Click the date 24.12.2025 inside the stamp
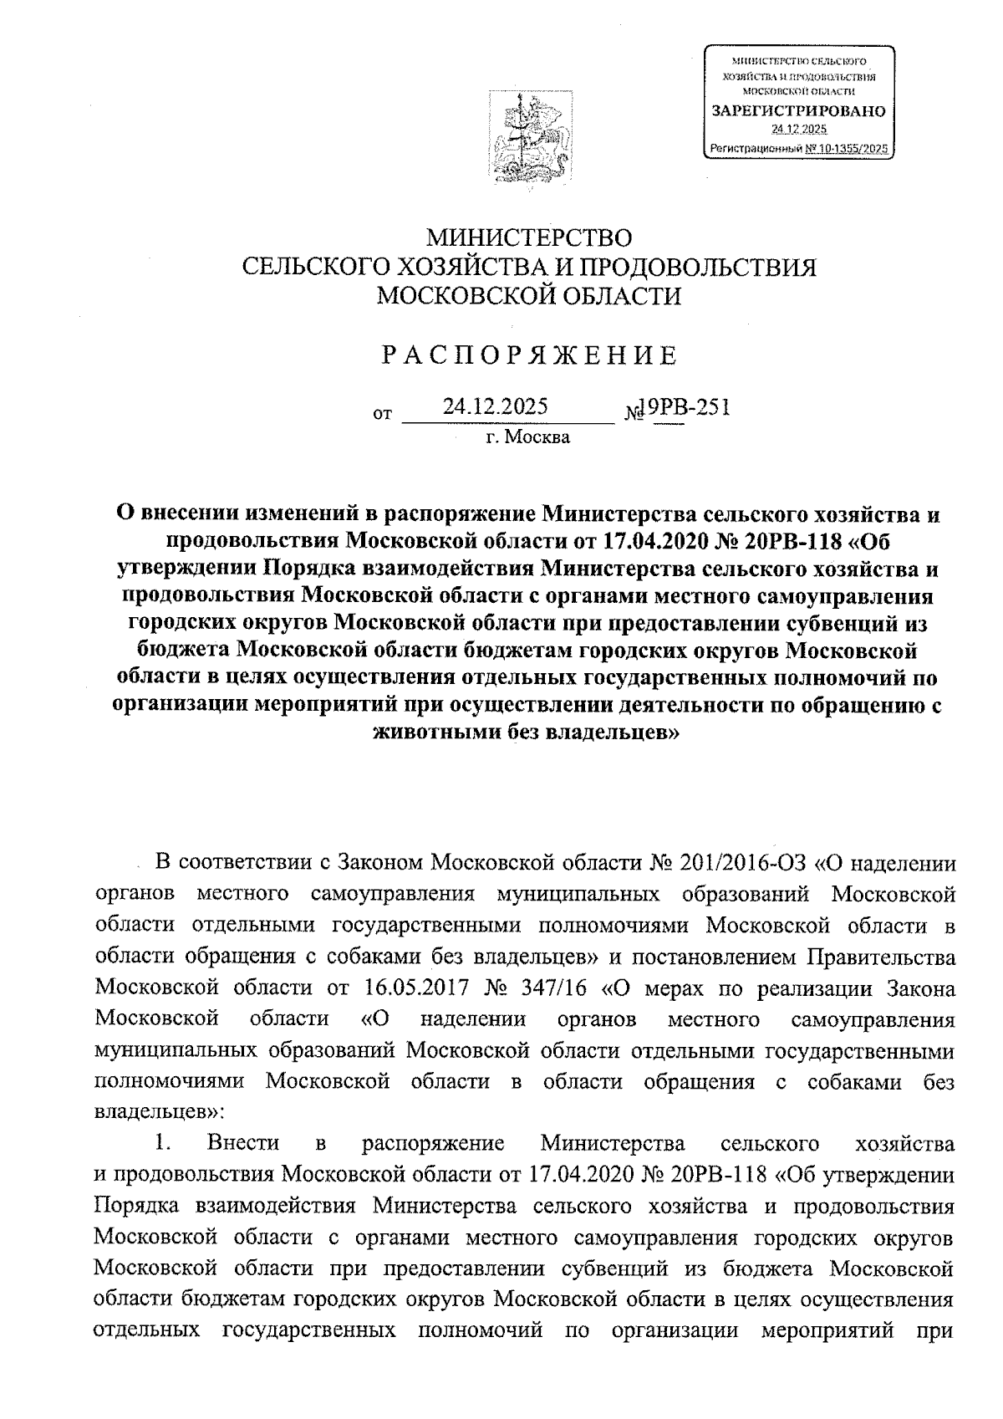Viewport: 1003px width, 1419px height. click(x=798, y=129)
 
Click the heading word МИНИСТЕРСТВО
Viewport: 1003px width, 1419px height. click(x=528, y=238)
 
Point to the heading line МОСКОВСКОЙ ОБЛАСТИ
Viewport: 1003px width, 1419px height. click(x=528, y=295)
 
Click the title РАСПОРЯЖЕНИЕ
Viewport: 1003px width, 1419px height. click(x=528, y=356)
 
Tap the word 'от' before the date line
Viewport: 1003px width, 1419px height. click(x=383, y=414)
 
